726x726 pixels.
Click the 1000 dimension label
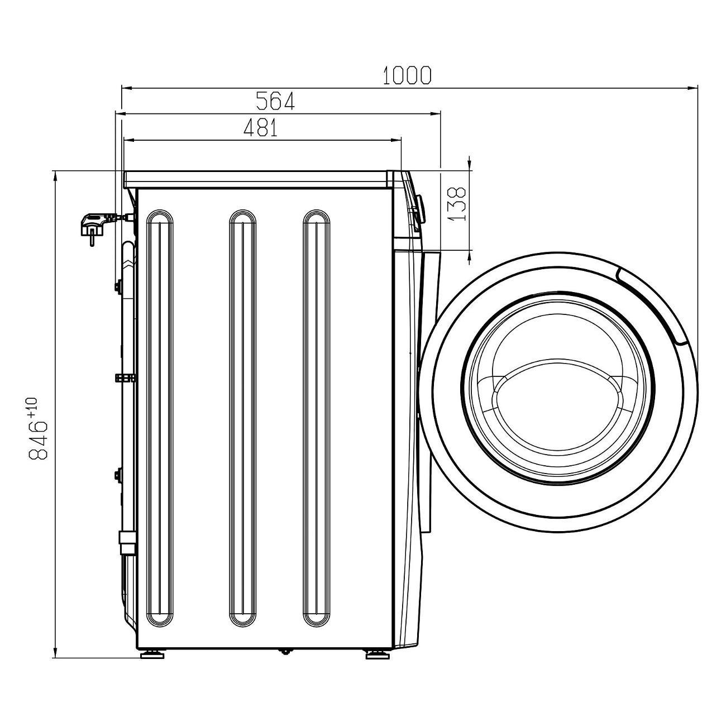point(407,75)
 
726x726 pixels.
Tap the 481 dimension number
point(261,128)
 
